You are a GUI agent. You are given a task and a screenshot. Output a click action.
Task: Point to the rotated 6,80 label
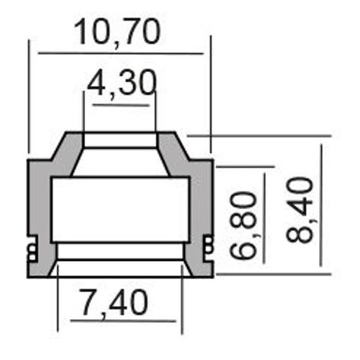[246, 226]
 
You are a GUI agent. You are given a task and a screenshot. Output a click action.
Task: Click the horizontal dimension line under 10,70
[121, 53]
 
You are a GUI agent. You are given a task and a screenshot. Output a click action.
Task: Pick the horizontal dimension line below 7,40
[117, 321]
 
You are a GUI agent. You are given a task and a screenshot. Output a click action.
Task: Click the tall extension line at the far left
[28, 97]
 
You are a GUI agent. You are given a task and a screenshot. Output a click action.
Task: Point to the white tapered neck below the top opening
[120, 162]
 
